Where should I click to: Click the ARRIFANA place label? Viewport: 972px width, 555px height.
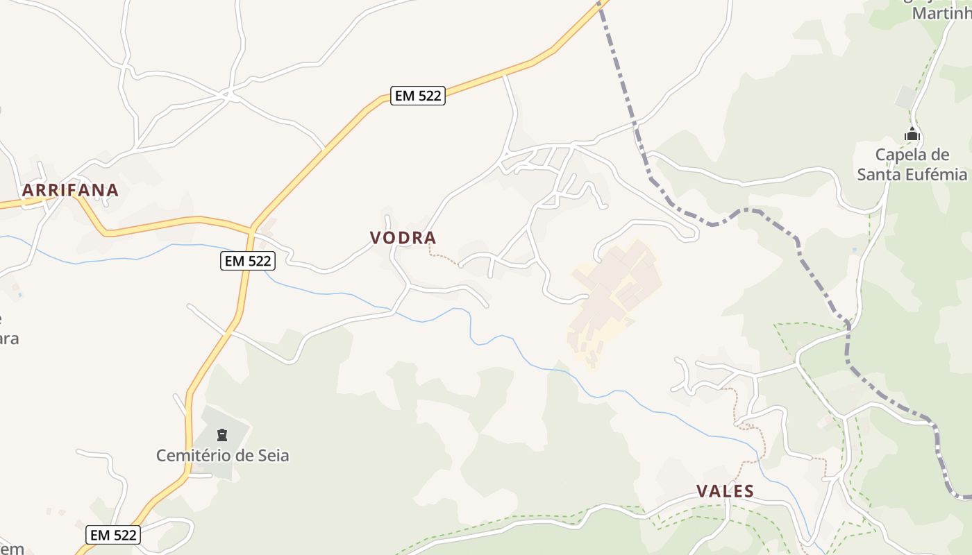pyautogui.click(x=70, y=190)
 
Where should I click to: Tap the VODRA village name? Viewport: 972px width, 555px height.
pyautogui.click(x=403, y=238)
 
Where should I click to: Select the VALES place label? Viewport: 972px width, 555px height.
pyautogui.click(x=725, y=491)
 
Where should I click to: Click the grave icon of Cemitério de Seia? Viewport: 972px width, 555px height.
pyautogui.click(x=222, y=435)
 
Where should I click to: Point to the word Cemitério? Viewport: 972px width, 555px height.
pyautogui.click(x=190, y=456)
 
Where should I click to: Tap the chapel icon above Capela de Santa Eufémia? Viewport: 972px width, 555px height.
pyautogui.click(x=912, y=135)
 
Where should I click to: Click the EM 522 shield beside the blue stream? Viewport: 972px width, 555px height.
pyautogui.click(x=248, y=261)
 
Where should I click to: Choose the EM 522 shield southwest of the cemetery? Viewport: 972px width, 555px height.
pyautogui.click(x=113, y=535)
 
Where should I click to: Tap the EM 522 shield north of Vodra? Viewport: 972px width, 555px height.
pyautogui.click(x=417, y=96)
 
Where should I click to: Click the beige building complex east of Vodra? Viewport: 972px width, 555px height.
pyautogui.click(x=614, y=291)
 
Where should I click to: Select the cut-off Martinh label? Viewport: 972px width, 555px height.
pyautogui.click(x=940, y=13)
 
